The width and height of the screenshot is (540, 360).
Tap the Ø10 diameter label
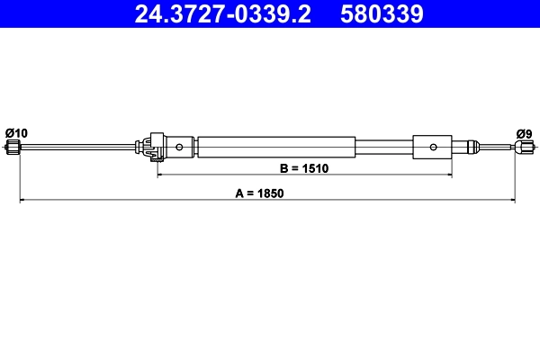point(16,133)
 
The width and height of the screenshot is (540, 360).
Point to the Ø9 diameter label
point(523,133)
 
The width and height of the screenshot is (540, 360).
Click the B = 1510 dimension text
point(304,167)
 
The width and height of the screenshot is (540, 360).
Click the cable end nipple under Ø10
point(13,147)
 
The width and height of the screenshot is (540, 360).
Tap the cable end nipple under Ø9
point(521,147)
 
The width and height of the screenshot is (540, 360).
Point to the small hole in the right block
point(433,146)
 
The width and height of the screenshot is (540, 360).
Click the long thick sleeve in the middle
point(276,146)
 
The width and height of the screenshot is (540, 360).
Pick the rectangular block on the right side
point(433,146)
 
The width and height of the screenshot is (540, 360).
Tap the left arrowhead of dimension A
point(22,200)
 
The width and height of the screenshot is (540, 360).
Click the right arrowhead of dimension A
point(512,200)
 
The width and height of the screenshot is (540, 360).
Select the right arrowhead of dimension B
point(448,175)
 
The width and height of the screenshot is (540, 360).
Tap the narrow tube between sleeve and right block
point(384,146)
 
